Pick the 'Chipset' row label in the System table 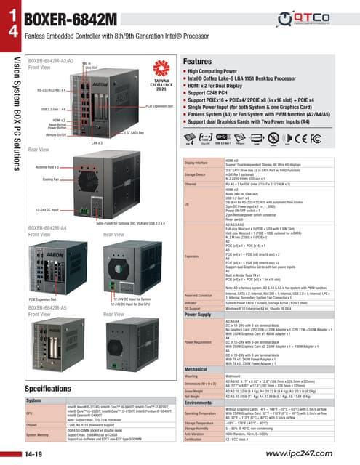pyautogui.click(x=35, y=429)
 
